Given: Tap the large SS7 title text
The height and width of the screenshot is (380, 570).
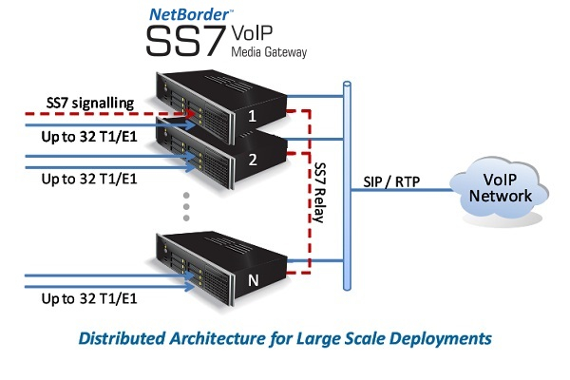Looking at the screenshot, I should (186, 44).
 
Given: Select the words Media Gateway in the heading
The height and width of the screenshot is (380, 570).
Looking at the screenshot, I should (270, 52).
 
